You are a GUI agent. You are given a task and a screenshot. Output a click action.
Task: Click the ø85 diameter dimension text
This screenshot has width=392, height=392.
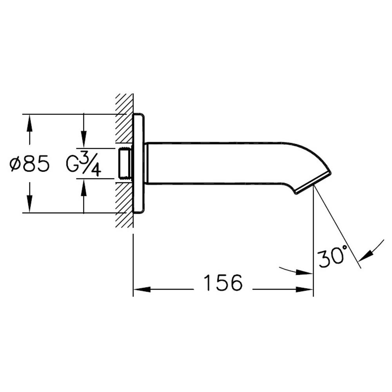click(x=30, y=164)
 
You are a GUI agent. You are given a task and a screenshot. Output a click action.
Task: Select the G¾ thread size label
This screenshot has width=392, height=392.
click(x=83, y=164)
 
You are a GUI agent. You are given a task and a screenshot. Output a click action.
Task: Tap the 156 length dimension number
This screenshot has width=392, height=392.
click(x=223, y=283)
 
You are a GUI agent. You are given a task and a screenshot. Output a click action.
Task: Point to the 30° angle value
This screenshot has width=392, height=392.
click(x=332, y=257)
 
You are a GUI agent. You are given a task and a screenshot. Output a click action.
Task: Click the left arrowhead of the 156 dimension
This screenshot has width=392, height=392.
click(x=141, y=290)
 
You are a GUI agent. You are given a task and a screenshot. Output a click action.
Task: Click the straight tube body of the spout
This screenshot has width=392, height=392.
click(x=216, y=163)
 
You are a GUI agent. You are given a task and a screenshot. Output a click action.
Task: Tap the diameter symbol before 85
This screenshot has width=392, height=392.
click(x=15, y=164)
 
